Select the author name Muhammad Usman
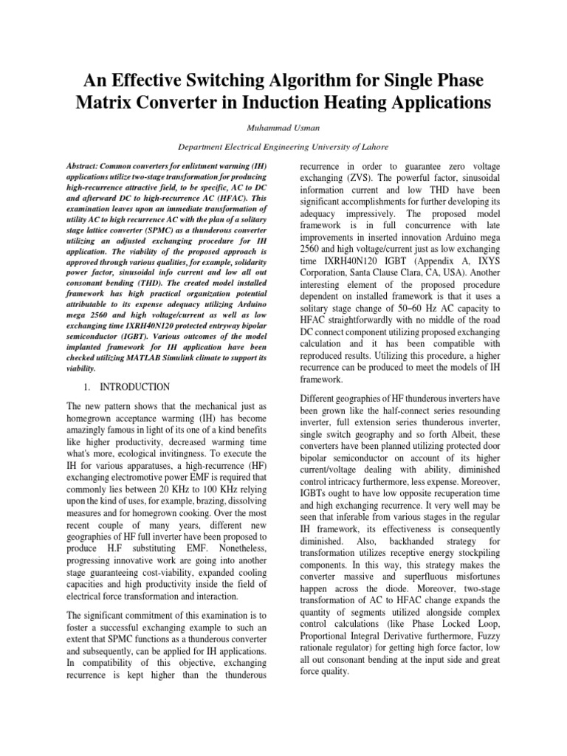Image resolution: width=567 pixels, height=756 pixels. click(x=283, y=127)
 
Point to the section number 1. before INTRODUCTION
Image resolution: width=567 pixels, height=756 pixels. click(x=86, y=387)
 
